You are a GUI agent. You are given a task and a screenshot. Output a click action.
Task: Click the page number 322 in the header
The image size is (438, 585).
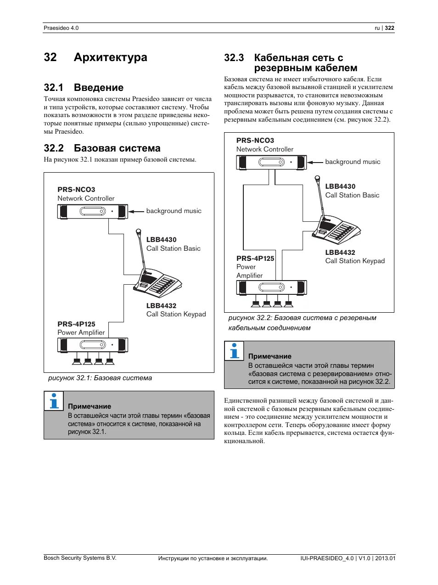pyautogui.click(x=389, y=28)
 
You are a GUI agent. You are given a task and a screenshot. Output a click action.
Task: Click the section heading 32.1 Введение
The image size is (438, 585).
pyautogui.click(x=84, y=88)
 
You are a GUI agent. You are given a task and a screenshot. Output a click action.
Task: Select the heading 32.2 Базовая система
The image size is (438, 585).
pyautogui.click(x=102, y=148)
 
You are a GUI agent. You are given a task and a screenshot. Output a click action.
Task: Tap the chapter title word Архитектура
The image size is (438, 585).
pyautogui.click(x=110, y=57)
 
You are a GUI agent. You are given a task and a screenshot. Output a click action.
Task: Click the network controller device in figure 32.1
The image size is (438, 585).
pyautogui.click(x=92, y=212)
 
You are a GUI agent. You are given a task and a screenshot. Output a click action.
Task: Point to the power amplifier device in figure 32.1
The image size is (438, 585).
pyautogui.click(x=92, y=345)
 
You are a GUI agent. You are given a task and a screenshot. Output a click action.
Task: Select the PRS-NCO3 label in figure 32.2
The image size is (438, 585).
pyautogui.click(x=255, y=141)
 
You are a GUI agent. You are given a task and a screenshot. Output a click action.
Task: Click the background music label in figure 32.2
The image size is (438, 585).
pyautogui.click(x=353, y=162)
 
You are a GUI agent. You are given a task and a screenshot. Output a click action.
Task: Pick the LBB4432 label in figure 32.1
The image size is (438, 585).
pyautogui.click(x=161, y=306)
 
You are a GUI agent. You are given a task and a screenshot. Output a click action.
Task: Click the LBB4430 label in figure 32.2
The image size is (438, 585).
pyautogui.click(x=340, y=186)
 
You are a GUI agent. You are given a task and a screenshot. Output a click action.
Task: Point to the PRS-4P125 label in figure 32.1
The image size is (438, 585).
pyautogui.click(x=76, y=324)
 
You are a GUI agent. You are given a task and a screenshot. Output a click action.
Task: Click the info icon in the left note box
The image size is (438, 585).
pyautogui.click(x=54, y=401)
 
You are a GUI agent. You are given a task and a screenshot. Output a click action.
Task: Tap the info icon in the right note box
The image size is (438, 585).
pyautogui.click(x=234, y=351)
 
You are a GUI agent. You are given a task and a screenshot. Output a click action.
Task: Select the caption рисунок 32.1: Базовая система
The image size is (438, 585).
pyautogui.click(x=100, y=378)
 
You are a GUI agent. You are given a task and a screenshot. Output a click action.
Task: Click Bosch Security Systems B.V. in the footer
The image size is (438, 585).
pyautogui.click(x=80, y=558)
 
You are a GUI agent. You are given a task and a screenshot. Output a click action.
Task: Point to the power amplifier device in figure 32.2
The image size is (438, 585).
pyautogui.click(x=271, y=287)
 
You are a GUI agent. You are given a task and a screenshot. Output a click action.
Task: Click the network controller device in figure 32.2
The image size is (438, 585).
pyautogui.click(x=271, y=163)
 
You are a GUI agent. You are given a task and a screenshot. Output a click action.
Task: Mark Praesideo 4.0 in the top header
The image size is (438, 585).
pyautogui.click(x=61, y=28)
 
